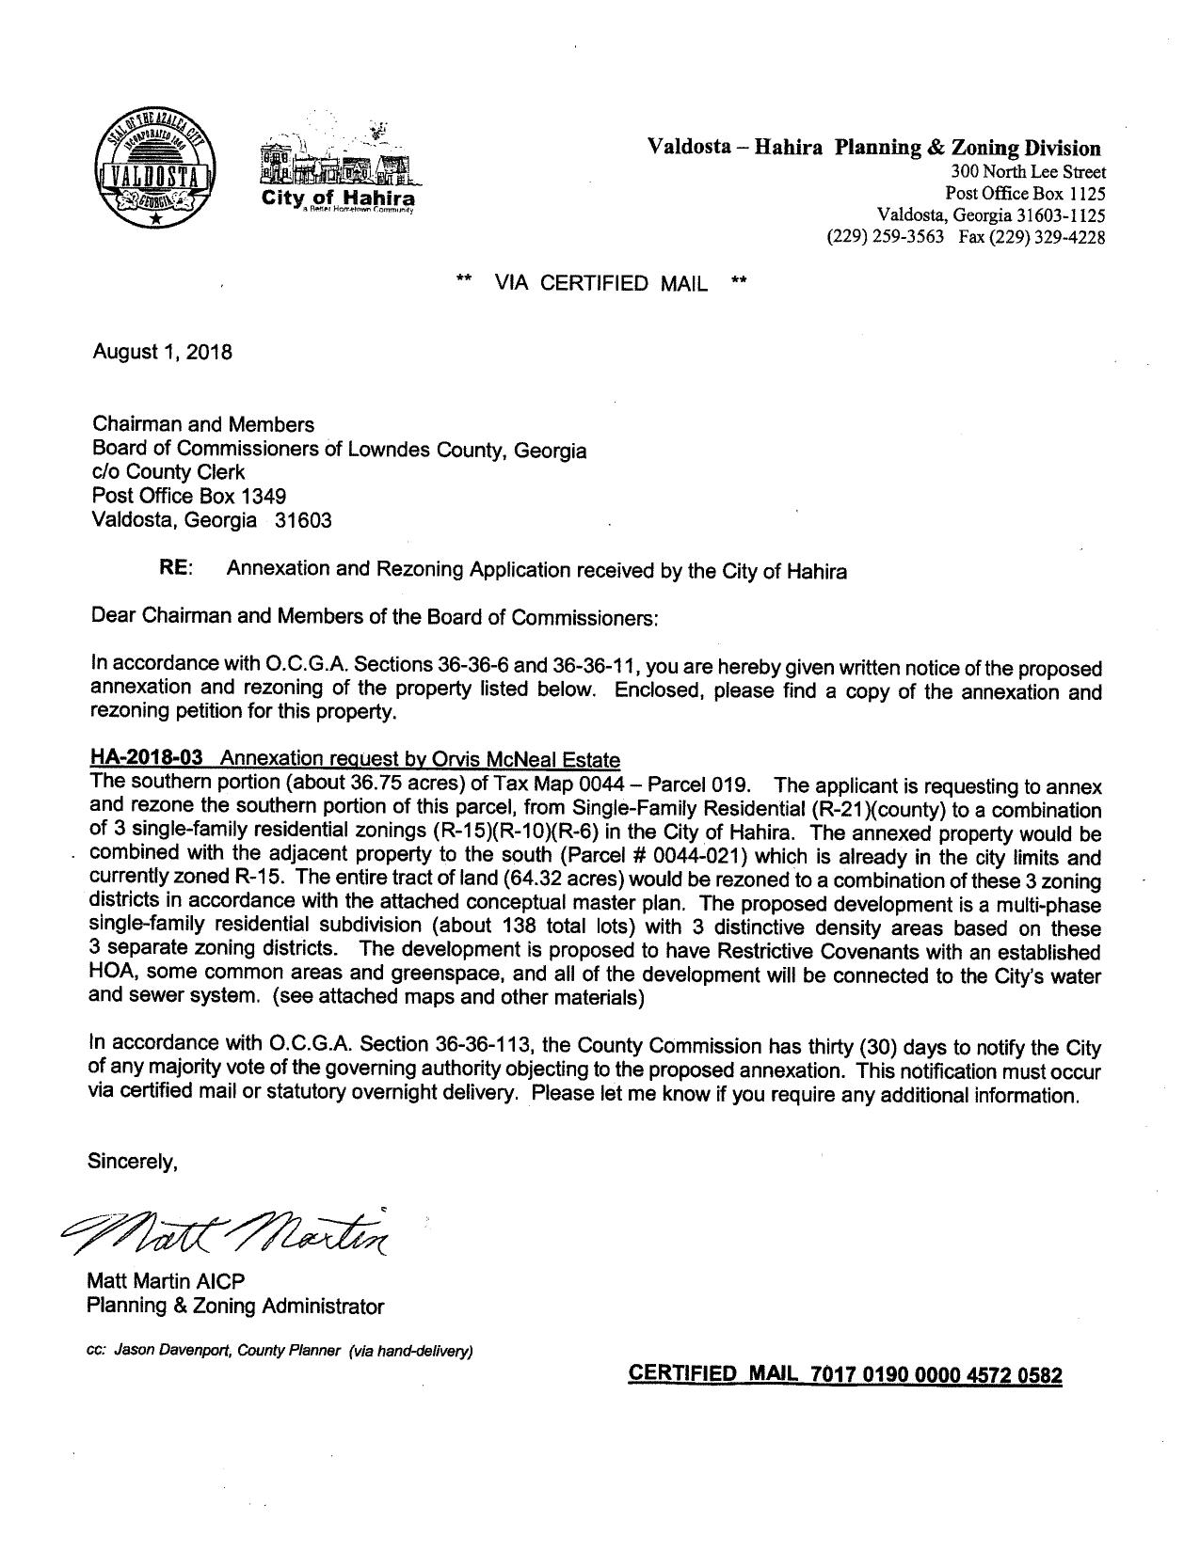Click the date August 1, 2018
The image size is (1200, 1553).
pyautogui.click(x=162, y=352)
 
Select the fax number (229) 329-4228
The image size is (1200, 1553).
pyautogui.click(x=1032, y=238)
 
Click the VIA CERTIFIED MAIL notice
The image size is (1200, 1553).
pyautogui.click(x=600, y=283)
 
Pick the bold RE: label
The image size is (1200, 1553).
pyautogui.click(x=176, y=569)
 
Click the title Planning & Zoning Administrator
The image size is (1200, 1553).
pyautogui.click(x=235, y=1306)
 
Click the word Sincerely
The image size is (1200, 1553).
pyautogui.click(x=133, y=1161)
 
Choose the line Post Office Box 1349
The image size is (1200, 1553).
pyautogui.click(x=189, y=495)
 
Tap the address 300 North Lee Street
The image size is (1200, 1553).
pyautogui.click(x=1029, y=172)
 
